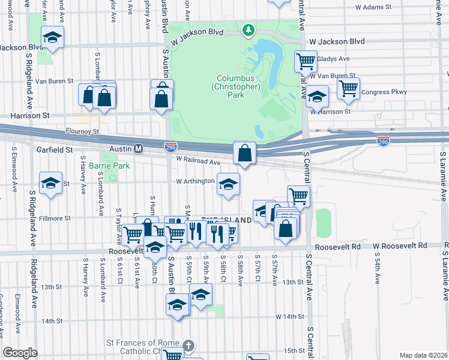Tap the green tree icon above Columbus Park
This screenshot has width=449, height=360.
(x=247, y=29)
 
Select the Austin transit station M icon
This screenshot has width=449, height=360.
(x=138, y=148)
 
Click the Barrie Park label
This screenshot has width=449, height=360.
(x=105, y=165)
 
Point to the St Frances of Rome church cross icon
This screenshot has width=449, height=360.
(x=188, y=346)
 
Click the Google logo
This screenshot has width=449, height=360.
(x=20, y=353)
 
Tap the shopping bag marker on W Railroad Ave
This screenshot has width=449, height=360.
(x=244, y=154)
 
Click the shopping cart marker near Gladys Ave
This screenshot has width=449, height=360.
(x=306, y=61)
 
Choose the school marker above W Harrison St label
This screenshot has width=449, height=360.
(x=318, y=97)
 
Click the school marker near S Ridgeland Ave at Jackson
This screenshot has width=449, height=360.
(x=53, y=38)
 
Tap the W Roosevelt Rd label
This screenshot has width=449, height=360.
(x=400, y=246)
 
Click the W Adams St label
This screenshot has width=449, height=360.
(x=373, y=8)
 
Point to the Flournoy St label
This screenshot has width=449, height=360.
(x=83, y=131)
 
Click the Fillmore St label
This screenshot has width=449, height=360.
(x=55, y=218)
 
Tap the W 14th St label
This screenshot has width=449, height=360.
(x=290, y=316)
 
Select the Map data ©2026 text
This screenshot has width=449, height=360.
(x=423, y=355)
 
